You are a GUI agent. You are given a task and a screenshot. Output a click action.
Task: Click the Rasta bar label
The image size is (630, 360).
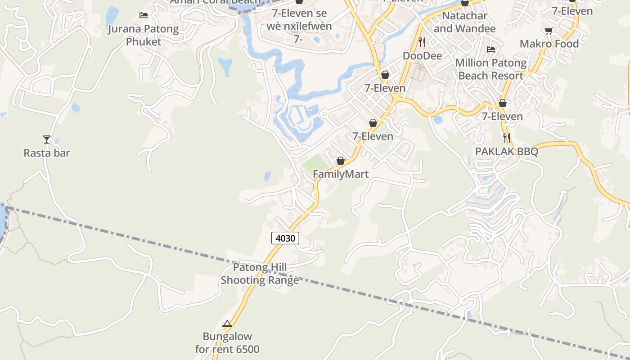[x=47, y=153]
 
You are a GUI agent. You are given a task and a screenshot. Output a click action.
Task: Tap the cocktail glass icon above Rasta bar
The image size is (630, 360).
[x=46, y=139]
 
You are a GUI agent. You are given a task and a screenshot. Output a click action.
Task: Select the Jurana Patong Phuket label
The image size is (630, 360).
[x=143, y=36]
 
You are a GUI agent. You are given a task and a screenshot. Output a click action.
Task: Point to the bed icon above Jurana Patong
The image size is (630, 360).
[x=144, y=15]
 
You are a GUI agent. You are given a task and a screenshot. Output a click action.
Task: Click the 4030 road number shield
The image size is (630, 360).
[x=285, y=238]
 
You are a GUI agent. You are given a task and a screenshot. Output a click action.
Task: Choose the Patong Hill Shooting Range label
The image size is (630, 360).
[x=260, y=274]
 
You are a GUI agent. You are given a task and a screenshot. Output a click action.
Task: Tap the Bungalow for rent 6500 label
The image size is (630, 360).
[x=227, y=342]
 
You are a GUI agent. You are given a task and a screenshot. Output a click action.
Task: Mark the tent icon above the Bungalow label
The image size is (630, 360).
[x=227, y=324]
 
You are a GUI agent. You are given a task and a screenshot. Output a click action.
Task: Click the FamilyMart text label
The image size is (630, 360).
[x=341, y=174]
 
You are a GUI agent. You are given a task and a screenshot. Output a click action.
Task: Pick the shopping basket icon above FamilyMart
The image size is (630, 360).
[x=341, y=161]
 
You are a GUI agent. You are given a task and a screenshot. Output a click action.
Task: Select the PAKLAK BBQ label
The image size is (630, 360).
[x=507, y=152]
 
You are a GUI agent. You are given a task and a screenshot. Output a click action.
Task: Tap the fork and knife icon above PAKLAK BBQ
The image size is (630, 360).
[x=507, y=138]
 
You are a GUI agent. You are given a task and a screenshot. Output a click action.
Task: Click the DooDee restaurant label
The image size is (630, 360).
[x=422, y=56]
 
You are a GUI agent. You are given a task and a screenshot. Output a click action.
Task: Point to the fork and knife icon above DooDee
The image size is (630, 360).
[x=422, y=42]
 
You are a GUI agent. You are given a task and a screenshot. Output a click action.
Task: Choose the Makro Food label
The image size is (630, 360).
[x=549, y=44]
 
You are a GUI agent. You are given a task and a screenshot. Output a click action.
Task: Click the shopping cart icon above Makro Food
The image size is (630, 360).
[x=549, y=31]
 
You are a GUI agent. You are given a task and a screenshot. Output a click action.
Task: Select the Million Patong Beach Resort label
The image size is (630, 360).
[x=491, y=69]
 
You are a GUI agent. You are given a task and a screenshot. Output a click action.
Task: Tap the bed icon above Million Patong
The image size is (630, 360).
[x=491, y=49]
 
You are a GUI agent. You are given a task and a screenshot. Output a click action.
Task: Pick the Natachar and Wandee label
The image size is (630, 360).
[x=465, y=22]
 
